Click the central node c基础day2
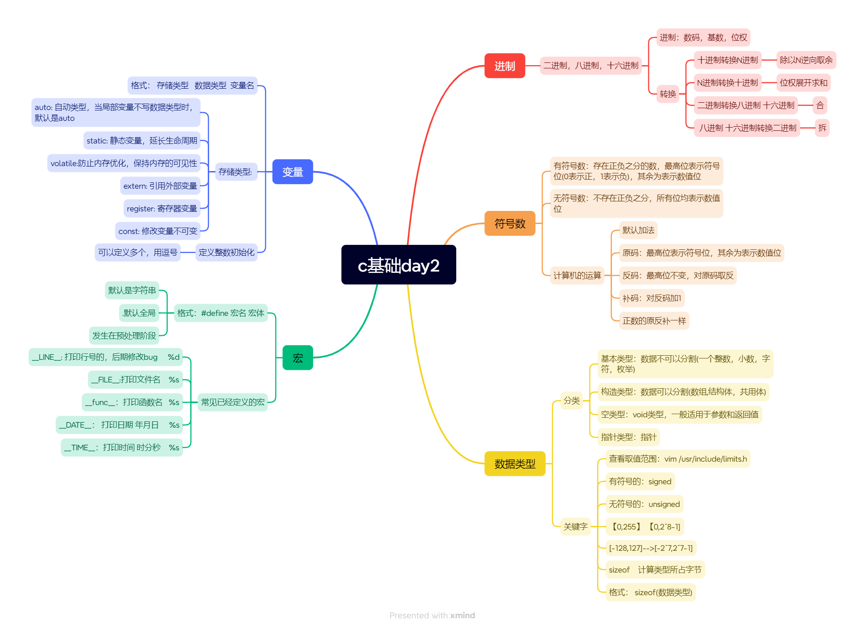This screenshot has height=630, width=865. (398, 265)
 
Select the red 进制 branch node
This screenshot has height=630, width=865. (504, 66)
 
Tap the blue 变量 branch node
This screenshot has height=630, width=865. (292, 172)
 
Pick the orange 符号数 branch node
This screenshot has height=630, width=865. (510, 224)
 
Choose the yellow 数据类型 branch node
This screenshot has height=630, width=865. (515, 464)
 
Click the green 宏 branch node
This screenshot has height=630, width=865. (297, 358)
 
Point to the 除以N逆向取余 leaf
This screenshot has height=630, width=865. (806, 60)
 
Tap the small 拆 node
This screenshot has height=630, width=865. (822, 128)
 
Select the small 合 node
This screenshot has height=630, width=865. (820, 105)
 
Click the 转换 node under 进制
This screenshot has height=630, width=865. (668, 94)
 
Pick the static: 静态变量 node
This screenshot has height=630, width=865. (142, 141)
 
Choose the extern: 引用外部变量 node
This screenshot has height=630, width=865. (160, 186)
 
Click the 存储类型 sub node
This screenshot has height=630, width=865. (235, 172)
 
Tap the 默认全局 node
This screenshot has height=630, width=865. (139, 313)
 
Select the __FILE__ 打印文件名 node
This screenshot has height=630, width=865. (135, 380)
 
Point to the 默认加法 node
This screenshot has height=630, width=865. (638, 230)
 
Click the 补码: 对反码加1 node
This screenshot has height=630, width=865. (651, 298)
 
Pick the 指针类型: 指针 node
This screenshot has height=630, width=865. (628, 437)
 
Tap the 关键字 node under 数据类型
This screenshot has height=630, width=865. (575, 527)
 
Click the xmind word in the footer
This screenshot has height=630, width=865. (462, 616)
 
